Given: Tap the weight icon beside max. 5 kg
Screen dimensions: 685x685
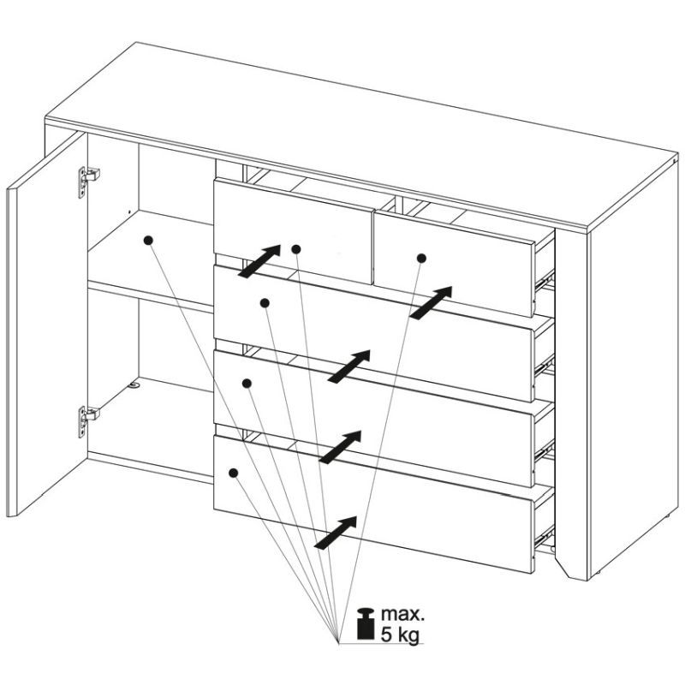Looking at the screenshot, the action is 366,623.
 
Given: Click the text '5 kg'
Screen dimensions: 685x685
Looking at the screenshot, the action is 400,634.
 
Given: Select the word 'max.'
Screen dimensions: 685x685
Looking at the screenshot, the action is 402,614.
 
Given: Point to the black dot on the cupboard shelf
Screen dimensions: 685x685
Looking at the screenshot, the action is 148,240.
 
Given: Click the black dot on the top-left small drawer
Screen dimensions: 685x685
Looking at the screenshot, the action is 296,249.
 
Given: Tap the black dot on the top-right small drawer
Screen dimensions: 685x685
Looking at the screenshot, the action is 421,259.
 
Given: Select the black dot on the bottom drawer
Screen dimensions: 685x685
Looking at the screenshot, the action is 233,473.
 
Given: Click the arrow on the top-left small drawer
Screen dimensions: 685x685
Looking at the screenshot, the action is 259,261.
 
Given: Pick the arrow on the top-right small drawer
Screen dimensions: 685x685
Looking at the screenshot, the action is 431,303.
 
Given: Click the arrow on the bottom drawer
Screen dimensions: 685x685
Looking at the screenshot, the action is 336,533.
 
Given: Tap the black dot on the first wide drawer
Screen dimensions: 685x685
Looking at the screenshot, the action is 265,303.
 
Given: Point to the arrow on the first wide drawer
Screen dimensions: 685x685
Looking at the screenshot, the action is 348,366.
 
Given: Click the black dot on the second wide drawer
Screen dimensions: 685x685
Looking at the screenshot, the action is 247,384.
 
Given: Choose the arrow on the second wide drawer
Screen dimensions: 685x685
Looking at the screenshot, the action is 340,447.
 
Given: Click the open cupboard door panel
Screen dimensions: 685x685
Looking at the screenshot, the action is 47,324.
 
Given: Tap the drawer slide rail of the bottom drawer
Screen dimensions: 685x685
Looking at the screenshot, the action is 545,537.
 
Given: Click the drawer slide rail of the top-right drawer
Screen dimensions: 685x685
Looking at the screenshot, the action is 545,280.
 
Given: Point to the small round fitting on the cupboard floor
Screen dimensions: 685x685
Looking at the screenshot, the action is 134,385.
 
